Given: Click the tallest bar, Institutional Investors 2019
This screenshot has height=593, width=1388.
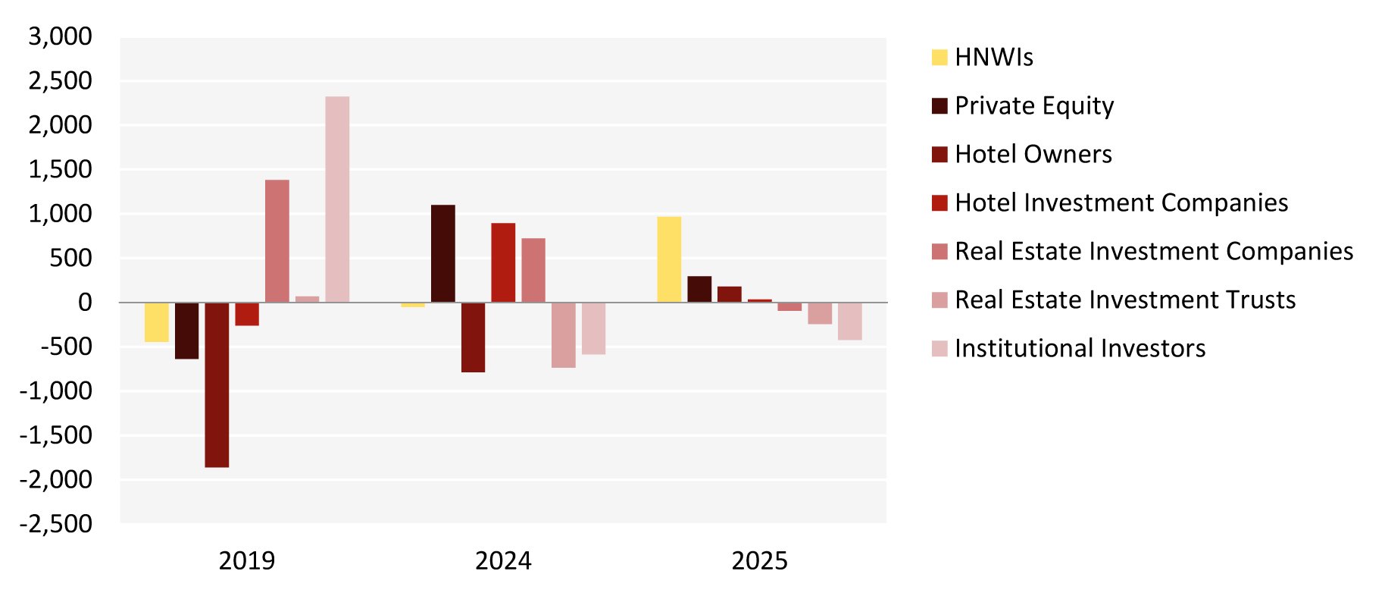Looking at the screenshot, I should (x=337, y=199).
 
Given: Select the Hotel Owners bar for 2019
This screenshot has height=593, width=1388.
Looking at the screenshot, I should (x=217, y=384).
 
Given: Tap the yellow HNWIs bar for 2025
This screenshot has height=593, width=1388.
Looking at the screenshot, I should (x=669, y=259).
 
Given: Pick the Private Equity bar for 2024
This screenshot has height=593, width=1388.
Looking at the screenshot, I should (x=443, y=253).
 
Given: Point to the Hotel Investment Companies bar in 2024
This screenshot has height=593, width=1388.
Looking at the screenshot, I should (x=503, y=262).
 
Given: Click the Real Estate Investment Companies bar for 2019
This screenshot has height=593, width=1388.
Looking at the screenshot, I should (x=277, y=241).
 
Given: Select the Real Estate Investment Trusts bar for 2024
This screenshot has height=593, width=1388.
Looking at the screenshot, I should (x=564, y=335).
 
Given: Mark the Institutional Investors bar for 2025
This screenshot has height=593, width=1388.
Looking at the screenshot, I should (x=850, y=321).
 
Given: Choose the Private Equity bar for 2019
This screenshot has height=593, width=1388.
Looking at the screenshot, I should (x=186, y=331).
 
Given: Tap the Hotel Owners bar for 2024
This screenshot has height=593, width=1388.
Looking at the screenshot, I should (x=473, y=337).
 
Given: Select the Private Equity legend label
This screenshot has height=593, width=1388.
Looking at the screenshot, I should (x=1034, y=106).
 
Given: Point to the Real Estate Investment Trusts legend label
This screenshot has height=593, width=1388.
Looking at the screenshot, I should (x=1124, y=300).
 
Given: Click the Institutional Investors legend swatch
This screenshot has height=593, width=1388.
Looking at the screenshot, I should (x=939, y=349).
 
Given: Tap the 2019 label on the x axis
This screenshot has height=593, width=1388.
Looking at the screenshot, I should (x=247, y=561).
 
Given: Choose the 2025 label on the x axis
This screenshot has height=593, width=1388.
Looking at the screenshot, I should (x=760, y=561).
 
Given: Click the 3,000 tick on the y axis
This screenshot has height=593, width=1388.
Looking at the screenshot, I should (x=61, y=36).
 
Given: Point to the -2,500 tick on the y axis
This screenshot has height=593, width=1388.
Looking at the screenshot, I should (x=56, y=524).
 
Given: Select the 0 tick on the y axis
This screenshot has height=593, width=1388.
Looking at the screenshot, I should (x=85, y=303).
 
